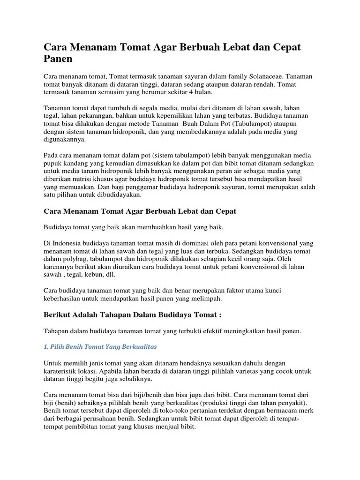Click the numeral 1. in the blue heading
(46, 347)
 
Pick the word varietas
(246, 371)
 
